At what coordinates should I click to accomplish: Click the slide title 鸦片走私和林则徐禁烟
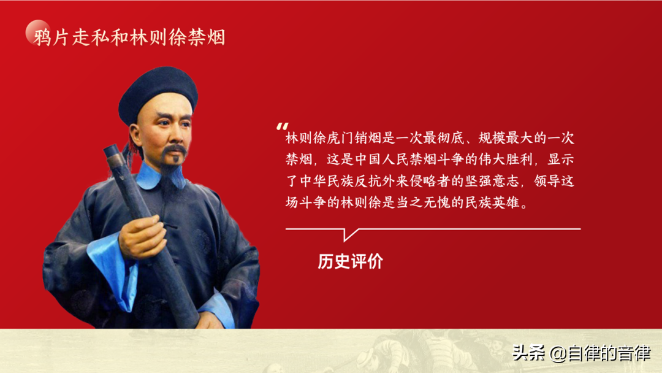129,37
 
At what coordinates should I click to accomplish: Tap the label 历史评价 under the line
351,261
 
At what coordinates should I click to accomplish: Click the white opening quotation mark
282,126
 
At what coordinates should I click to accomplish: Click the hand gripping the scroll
142,237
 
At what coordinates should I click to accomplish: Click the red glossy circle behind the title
38,32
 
